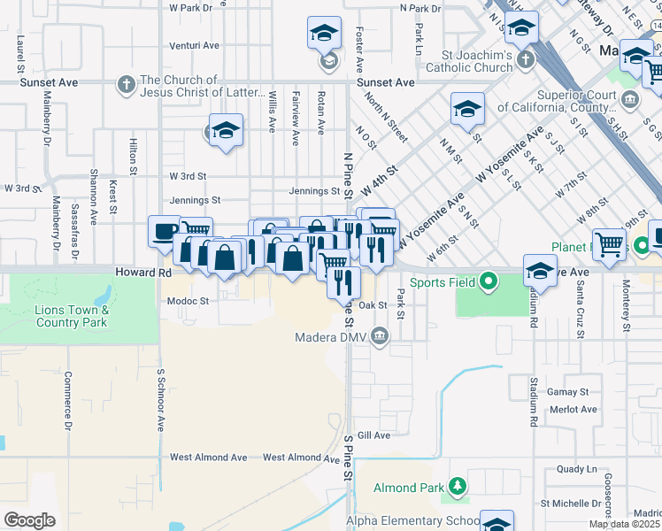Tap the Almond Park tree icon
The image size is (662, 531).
tap(457, 487)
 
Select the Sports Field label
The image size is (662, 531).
tap(443, 283)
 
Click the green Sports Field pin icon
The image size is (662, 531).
tap(488, 283)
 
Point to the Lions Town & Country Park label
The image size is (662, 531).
tap(72, 316)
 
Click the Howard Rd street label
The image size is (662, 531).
tap(141, 273)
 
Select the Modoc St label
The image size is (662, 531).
tap(187, 301)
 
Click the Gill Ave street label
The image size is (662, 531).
tap(374, 435)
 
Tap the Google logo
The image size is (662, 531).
tap(29, 519)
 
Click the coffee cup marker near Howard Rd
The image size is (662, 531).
tap(163, 232)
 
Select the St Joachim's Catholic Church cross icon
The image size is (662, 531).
tap(526, 60)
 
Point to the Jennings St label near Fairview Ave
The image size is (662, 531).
tap(314, 190)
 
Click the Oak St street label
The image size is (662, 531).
tap(373, 305)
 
